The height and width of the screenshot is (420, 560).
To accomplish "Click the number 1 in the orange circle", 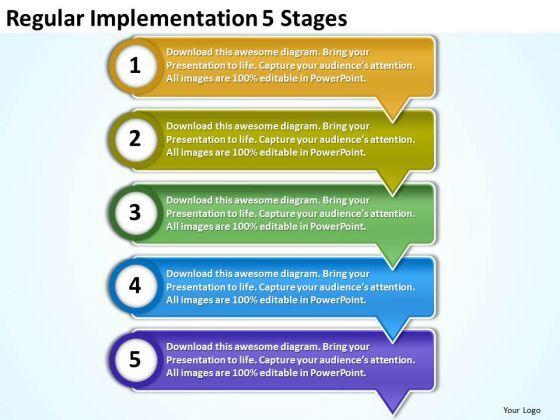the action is pos(135,66).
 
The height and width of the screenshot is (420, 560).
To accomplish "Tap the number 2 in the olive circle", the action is pos(135,139).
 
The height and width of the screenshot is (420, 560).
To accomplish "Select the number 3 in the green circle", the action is pos(135,212).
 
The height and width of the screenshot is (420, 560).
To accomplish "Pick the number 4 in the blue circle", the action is pos(135,286).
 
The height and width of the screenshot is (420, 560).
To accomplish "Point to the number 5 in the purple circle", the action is pos(135,359).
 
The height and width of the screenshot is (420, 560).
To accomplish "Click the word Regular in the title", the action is pos(45,19).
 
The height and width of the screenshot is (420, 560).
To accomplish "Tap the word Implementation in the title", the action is pos(173,19).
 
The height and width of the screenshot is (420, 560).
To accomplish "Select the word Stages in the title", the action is pos(314,19).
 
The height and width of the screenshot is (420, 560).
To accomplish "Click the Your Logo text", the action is pos(521,410).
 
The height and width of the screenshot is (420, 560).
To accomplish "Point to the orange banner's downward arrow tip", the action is pos(393,122).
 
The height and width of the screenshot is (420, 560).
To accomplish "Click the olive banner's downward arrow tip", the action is pos(393,195).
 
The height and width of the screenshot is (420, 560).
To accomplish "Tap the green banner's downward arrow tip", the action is pos(393,269).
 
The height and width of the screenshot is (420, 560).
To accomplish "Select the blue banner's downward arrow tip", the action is pos(393,342).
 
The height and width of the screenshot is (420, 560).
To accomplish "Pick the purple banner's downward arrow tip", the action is pos(393,415).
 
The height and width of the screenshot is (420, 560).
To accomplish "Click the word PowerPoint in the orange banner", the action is pos(338,79).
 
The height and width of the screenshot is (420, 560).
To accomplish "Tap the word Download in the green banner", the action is pos(189,200).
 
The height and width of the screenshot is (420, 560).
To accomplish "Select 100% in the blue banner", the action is pos(245,300).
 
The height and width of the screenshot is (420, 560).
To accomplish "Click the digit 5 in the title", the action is pos(268,19).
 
